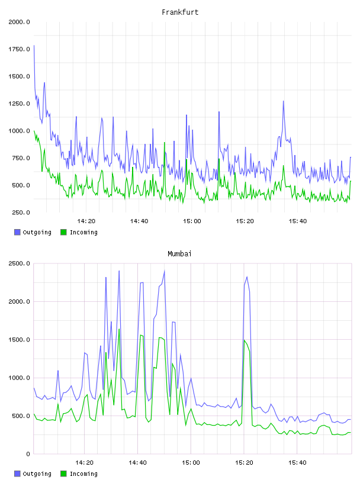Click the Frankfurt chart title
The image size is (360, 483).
pos(180,12)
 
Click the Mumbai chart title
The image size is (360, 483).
pos(179,253)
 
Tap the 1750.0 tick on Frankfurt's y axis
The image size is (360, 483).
pos(19,49)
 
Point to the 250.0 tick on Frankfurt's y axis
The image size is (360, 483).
pos(21,212)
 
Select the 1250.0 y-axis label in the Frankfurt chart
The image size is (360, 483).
pos(19,104)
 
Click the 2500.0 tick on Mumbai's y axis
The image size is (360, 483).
pos(19,263)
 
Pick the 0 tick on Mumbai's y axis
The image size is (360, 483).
pos(28,454)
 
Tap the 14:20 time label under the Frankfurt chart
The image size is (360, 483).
pos(86,221)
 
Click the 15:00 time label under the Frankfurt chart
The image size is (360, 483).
pos(192,221)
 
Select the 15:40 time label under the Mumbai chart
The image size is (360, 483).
pos(297,462)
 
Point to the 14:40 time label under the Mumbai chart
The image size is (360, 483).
pos(137,462)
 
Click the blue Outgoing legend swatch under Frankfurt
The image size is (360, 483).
pos(17,232)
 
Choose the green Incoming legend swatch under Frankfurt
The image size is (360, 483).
pos(63,232)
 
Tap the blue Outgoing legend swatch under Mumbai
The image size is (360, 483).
pos(17,474)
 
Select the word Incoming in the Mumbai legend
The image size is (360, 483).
pos(83,474)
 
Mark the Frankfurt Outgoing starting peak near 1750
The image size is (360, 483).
pos(34,46)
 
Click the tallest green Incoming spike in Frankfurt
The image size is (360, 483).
pos(164,142)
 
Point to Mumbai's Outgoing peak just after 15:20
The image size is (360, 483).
pos(247,277)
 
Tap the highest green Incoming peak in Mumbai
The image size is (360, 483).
pos(119,329)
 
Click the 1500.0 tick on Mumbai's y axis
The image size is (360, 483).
pos(19,339)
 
